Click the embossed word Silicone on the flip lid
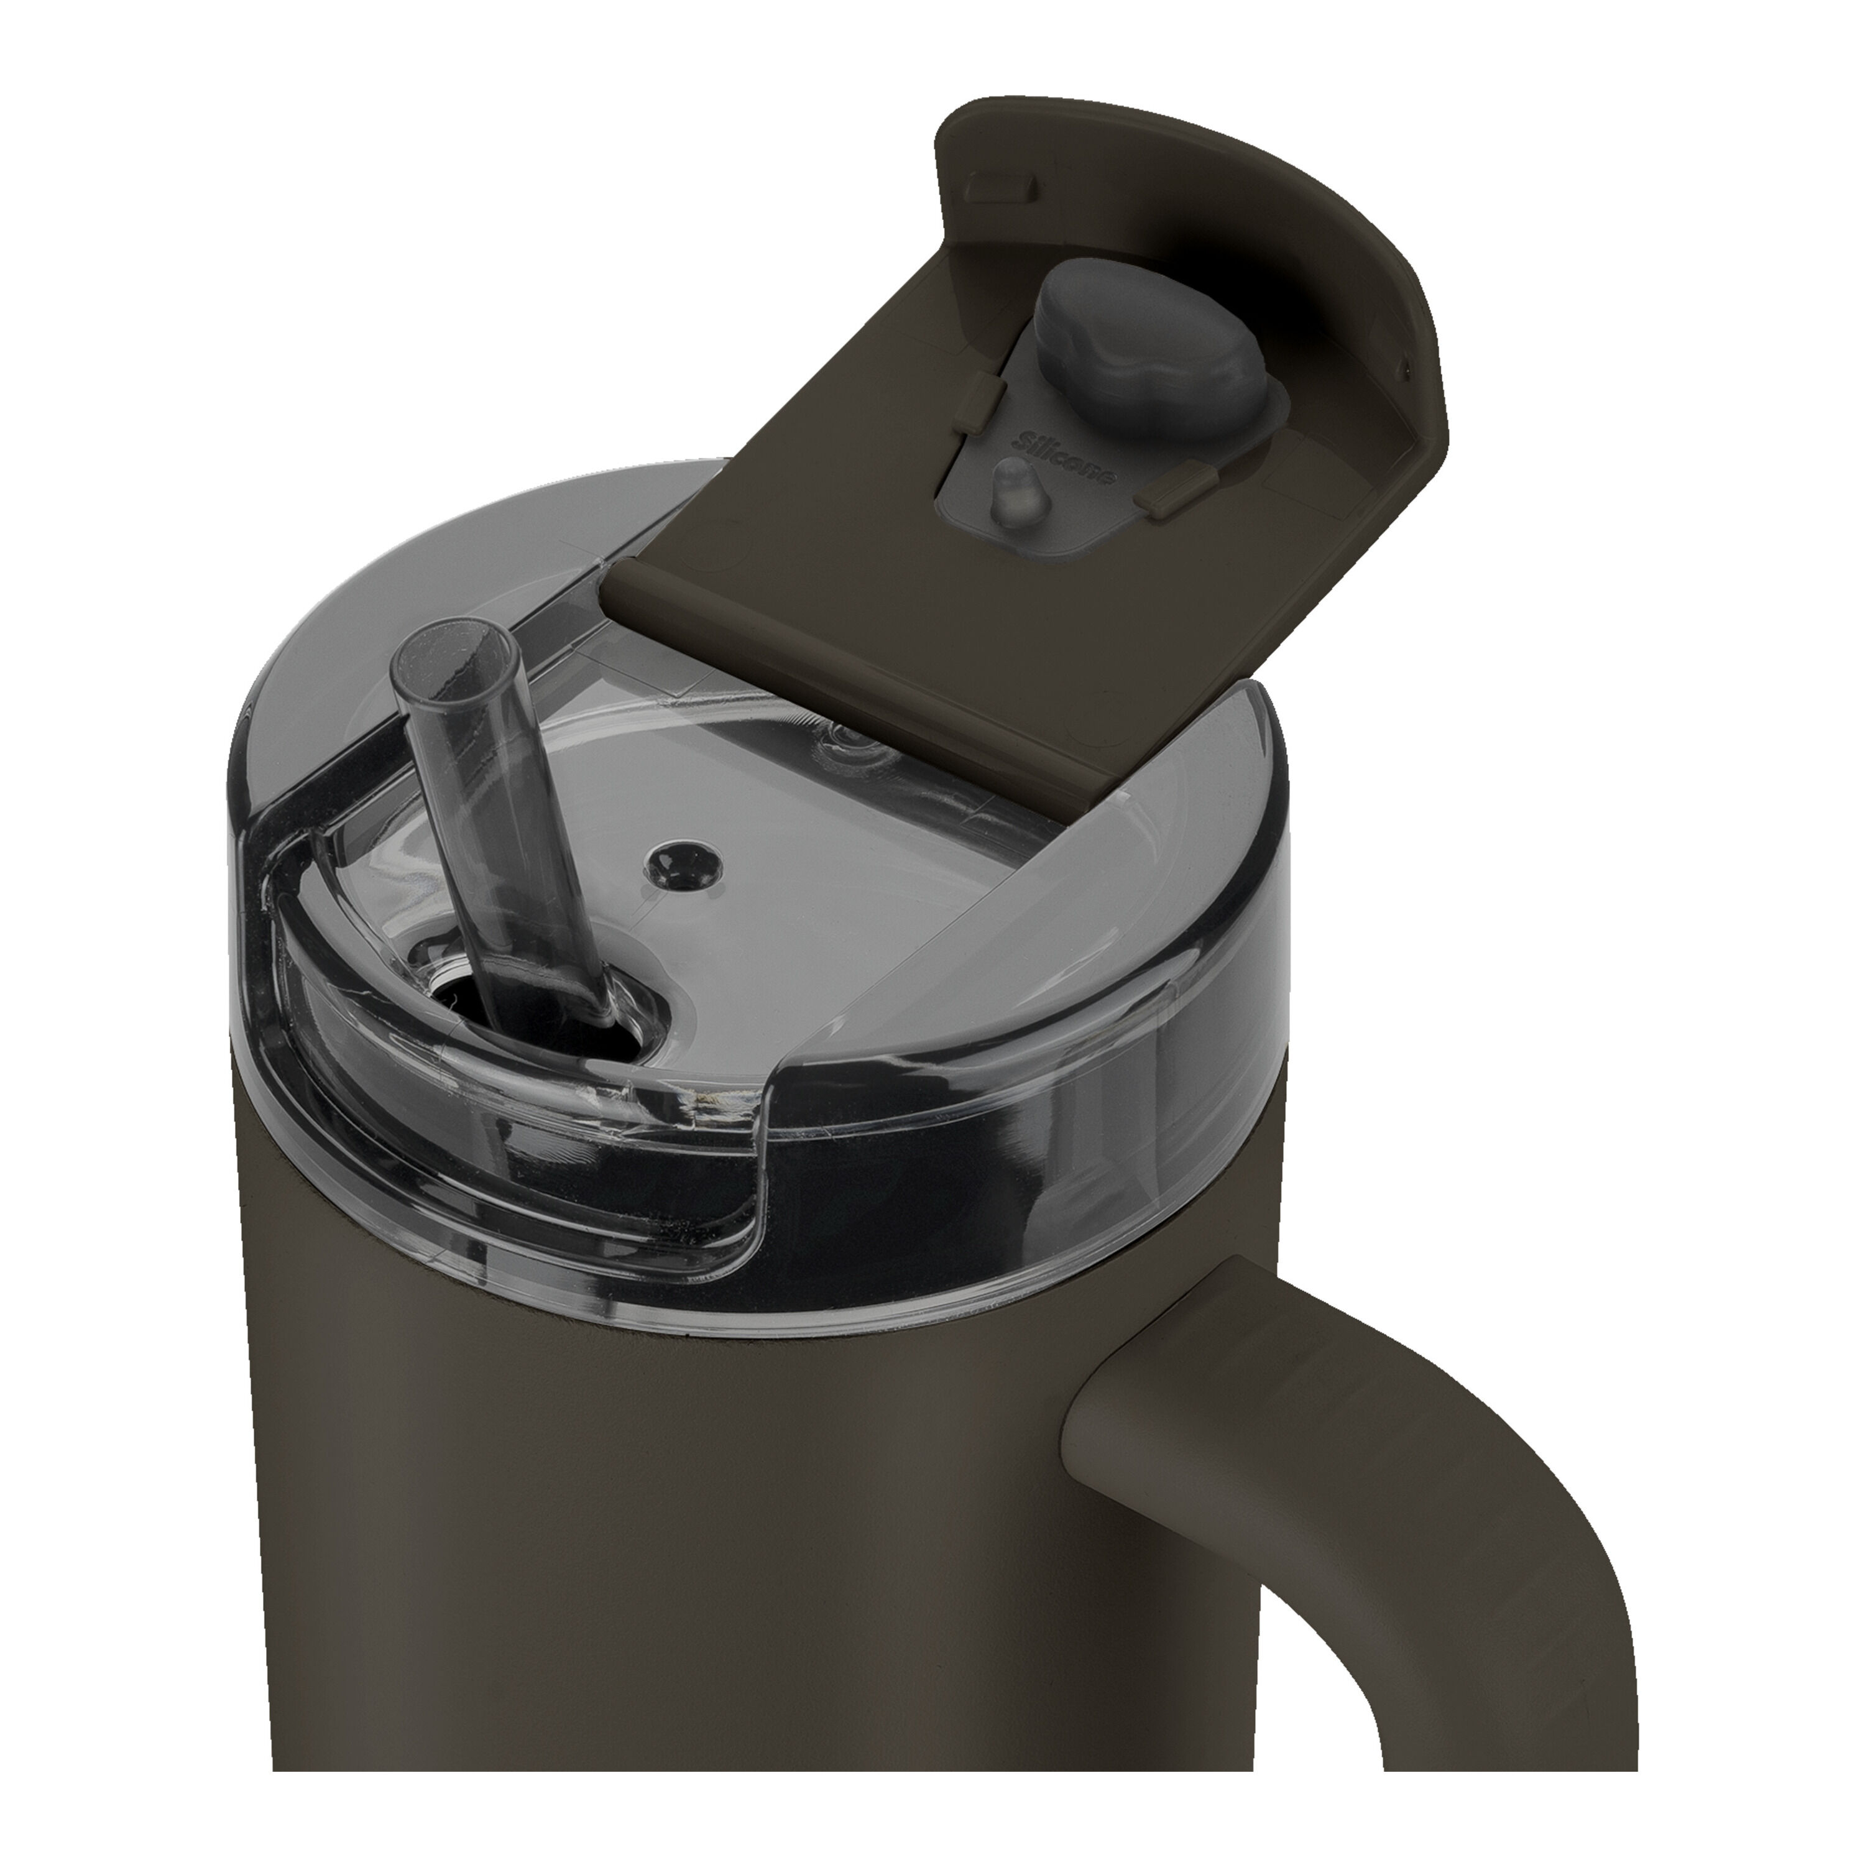[x=1067, y=461]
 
